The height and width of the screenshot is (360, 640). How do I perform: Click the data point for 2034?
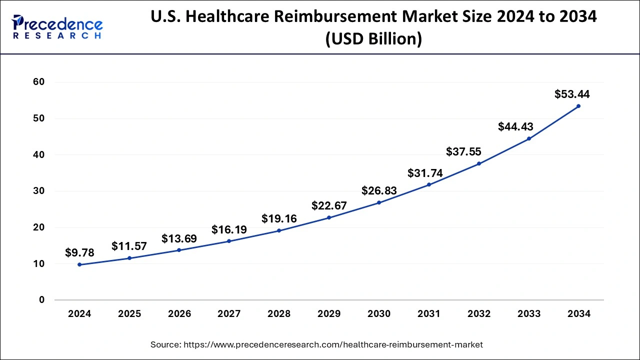click(578, 106)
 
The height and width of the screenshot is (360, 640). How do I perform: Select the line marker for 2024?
click(79, 264)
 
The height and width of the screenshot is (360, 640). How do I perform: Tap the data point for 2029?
click(329, 217)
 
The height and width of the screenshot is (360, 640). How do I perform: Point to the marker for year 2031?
click(429, 184)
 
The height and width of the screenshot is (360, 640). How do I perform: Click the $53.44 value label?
click(572, 94)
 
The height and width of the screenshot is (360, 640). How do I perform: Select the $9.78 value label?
click(79, 253)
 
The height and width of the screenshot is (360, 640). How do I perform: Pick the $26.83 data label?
click(379, 191)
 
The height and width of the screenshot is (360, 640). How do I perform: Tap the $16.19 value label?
click(229, 229)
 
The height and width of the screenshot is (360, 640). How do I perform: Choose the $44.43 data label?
click(515, 127)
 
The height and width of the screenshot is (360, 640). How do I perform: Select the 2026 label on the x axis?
click(179, 314)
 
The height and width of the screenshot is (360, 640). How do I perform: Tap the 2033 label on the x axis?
click(529, 314)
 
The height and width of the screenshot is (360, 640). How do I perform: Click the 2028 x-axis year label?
click(279, 314)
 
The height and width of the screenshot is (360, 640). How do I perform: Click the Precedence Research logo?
click(57, 27)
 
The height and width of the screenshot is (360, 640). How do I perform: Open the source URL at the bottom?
click(316, 344)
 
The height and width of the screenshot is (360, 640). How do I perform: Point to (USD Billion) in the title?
click(373, 39)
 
